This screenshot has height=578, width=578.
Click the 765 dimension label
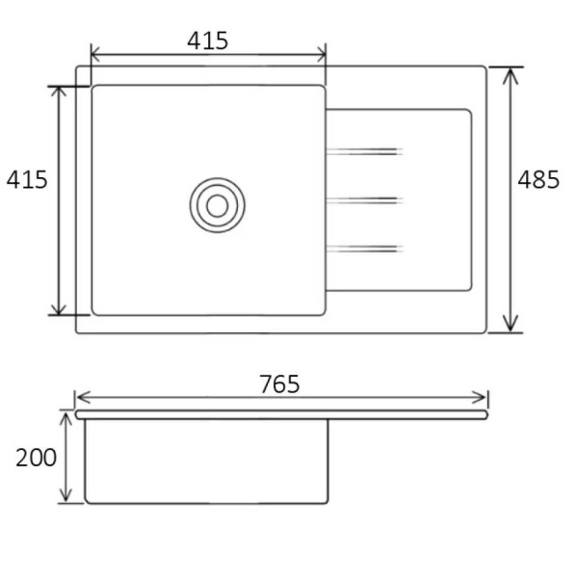279,384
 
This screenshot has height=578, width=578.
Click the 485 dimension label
539,180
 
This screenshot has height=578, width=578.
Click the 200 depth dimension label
37,458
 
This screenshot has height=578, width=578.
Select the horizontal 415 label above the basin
207,40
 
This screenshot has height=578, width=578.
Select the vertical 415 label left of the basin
27,180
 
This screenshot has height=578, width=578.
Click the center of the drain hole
218,205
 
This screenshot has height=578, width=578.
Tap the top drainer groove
364,151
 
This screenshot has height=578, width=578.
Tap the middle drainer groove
364,200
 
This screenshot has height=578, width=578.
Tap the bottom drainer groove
364,249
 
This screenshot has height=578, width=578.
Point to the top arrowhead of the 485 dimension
511,75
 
